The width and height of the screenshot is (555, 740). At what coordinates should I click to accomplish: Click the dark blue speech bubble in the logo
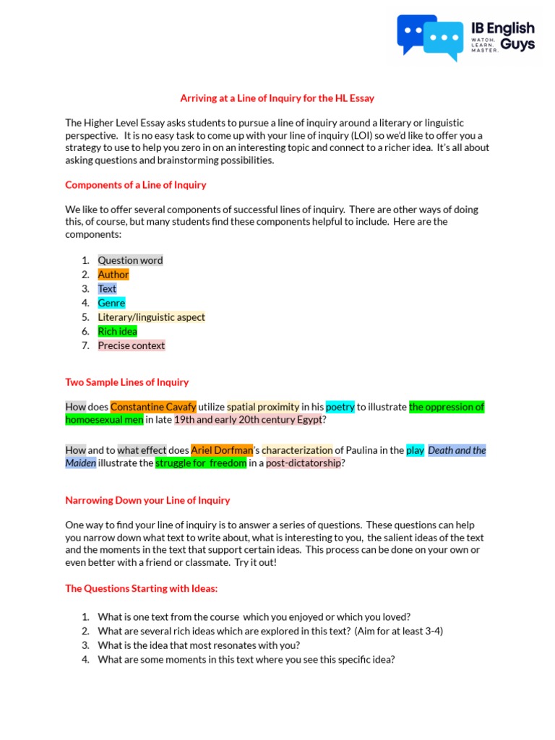414,32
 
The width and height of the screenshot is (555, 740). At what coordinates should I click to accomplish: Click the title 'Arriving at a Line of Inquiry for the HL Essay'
277,98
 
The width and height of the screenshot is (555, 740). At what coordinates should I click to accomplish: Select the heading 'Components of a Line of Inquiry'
136,185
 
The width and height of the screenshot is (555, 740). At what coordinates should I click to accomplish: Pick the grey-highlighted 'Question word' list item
130,260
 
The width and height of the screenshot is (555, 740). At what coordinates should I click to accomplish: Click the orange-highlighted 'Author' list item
113,275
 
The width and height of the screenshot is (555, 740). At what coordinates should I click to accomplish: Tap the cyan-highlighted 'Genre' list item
111,303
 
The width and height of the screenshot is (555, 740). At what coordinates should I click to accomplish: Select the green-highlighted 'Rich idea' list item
117,331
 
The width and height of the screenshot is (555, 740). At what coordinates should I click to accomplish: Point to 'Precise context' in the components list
132,345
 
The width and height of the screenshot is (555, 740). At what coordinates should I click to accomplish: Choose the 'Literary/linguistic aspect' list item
151,317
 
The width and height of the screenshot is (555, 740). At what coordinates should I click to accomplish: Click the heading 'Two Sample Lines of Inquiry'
127,382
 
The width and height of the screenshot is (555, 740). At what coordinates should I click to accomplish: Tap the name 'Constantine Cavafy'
153,407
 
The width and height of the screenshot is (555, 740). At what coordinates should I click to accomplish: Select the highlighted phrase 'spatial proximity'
263,407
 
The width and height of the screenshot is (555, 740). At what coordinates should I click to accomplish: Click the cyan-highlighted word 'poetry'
340,407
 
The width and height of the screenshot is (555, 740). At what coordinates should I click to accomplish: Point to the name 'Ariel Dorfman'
222,450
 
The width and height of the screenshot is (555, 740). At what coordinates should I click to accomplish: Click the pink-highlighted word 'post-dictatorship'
303,463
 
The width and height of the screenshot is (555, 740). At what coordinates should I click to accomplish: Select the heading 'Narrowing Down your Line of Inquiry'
147,500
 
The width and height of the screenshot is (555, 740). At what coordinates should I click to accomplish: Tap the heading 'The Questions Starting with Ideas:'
141,588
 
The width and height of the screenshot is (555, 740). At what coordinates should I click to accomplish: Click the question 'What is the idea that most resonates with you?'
199,645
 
